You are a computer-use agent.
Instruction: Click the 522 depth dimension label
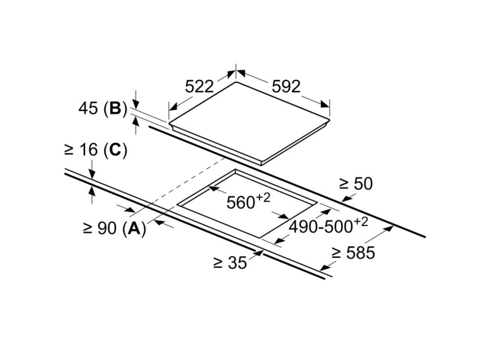(x=199, y=86)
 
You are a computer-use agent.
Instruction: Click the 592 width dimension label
(x=286, y=86)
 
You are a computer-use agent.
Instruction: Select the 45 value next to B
(x=88, y=109)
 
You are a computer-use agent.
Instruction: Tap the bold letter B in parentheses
(x=115, y=109)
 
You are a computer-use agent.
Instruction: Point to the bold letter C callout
(x=115, y=150)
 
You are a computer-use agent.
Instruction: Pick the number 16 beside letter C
(x=89, y=150)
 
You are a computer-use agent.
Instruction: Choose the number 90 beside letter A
(x=107, y=228)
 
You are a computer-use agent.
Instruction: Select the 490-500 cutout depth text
(x=320, y=227)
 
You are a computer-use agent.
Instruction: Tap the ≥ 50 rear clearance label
(x=356, y=184)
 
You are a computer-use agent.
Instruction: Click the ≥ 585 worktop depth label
(x=353, y=253)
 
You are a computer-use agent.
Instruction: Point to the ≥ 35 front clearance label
(x=231, y=262)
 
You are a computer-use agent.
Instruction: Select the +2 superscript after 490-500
(x=361, y=222)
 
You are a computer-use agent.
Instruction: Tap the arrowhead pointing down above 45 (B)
(x=135, y=104)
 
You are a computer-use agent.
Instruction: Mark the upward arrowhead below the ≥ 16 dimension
(x=92, y=190)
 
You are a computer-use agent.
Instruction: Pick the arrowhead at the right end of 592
(x=325, y=104)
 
